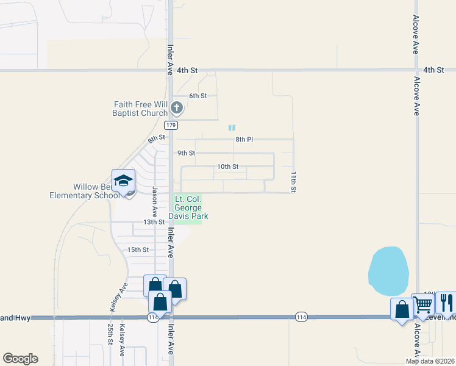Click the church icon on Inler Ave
177,109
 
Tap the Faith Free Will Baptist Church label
140,109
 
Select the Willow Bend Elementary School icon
123,182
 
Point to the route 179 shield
171,125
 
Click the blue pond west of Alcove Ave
388,270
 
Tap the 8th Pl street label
244,140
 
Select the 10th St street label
227,167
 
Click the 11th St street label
293,182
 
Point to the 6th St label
198,96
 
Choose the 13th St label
154,222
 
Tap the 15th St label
138,249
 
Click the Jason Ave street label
155,203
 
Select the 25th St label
110,334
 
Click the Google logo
20,359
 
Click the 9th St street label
186,153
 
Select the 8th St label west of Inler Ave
156,140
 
